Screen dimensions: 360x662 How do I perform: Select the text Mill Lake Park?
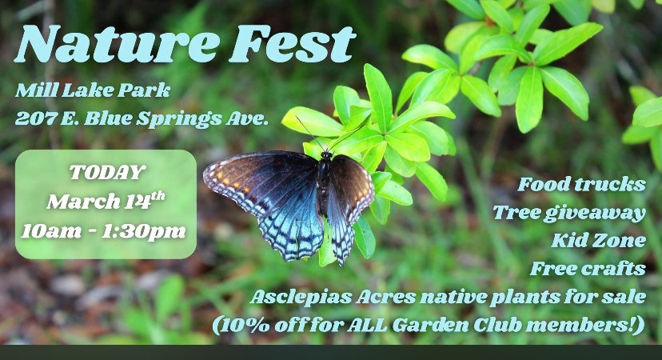tap(93, 90)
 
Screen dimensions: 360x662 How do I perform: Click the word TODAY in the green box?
tap(106, 172)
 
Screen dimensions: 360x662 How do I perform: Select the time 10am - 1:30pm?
tap(105, 231)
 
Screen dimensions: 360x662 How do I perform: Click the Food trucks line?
tap(581, 185)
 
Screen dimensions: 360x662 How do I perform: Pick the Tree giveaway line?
tap(568, 212)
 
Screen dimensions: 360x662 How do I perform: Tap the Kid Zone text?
tap(597, 240)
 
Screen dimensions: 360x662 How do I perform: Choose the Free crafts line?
tap(588, 268)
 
